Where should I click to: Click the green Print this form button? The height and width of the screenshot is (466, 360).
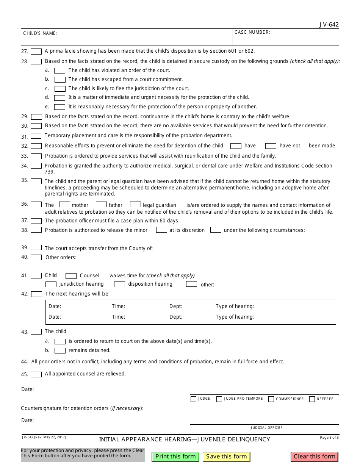(175, 457)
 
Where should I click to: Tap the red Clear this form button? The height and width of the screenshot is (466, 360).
(315, 457)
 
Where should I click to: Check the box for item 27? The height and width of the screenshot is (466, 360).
(36, 51)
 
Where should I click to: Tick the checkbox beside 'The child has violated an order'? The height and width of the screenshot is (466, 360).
(60, 70)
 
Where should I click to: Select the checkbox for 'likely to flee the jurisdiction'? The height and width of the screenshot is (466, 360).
(60, 89)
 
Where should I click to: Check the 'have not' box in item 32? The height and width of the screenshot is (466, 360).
(271, 146)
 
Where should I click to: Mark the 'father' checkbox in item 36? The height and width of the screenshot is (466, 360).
(101, 205)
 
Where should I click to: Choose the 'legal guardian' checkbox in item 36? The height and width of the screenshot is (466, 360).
(135, 205)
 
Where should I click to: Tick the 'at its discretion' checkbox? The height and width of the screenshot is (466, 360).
(162, 230)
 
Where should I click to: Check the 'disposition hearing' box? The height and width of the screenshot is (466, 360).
(119, 284)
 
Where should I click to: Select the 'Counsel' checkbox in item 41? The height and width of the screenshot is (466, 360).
(71, 276)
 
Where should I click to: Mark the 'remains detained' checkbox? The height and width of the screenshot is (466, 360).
(60, 350)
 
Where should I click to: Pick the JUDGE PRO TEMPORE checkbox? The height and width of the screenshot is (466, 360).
(219, 399)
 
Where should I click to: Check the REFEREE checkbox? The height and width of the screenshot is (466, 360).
(312, 399)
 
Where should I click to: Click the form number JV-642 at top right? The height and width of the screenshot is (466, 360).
(329, 25)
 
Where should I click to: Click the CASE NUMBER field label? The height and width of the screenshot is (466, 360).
(252, 32)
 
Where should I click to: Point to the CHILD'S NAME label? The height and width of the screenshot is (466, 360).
(40, 33)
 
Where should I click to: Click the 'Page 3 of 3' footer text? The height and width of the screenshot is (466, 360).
(329, 438)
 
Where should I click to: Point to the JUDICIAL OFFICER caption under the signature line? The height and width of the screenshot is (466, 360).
(266, 428)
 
